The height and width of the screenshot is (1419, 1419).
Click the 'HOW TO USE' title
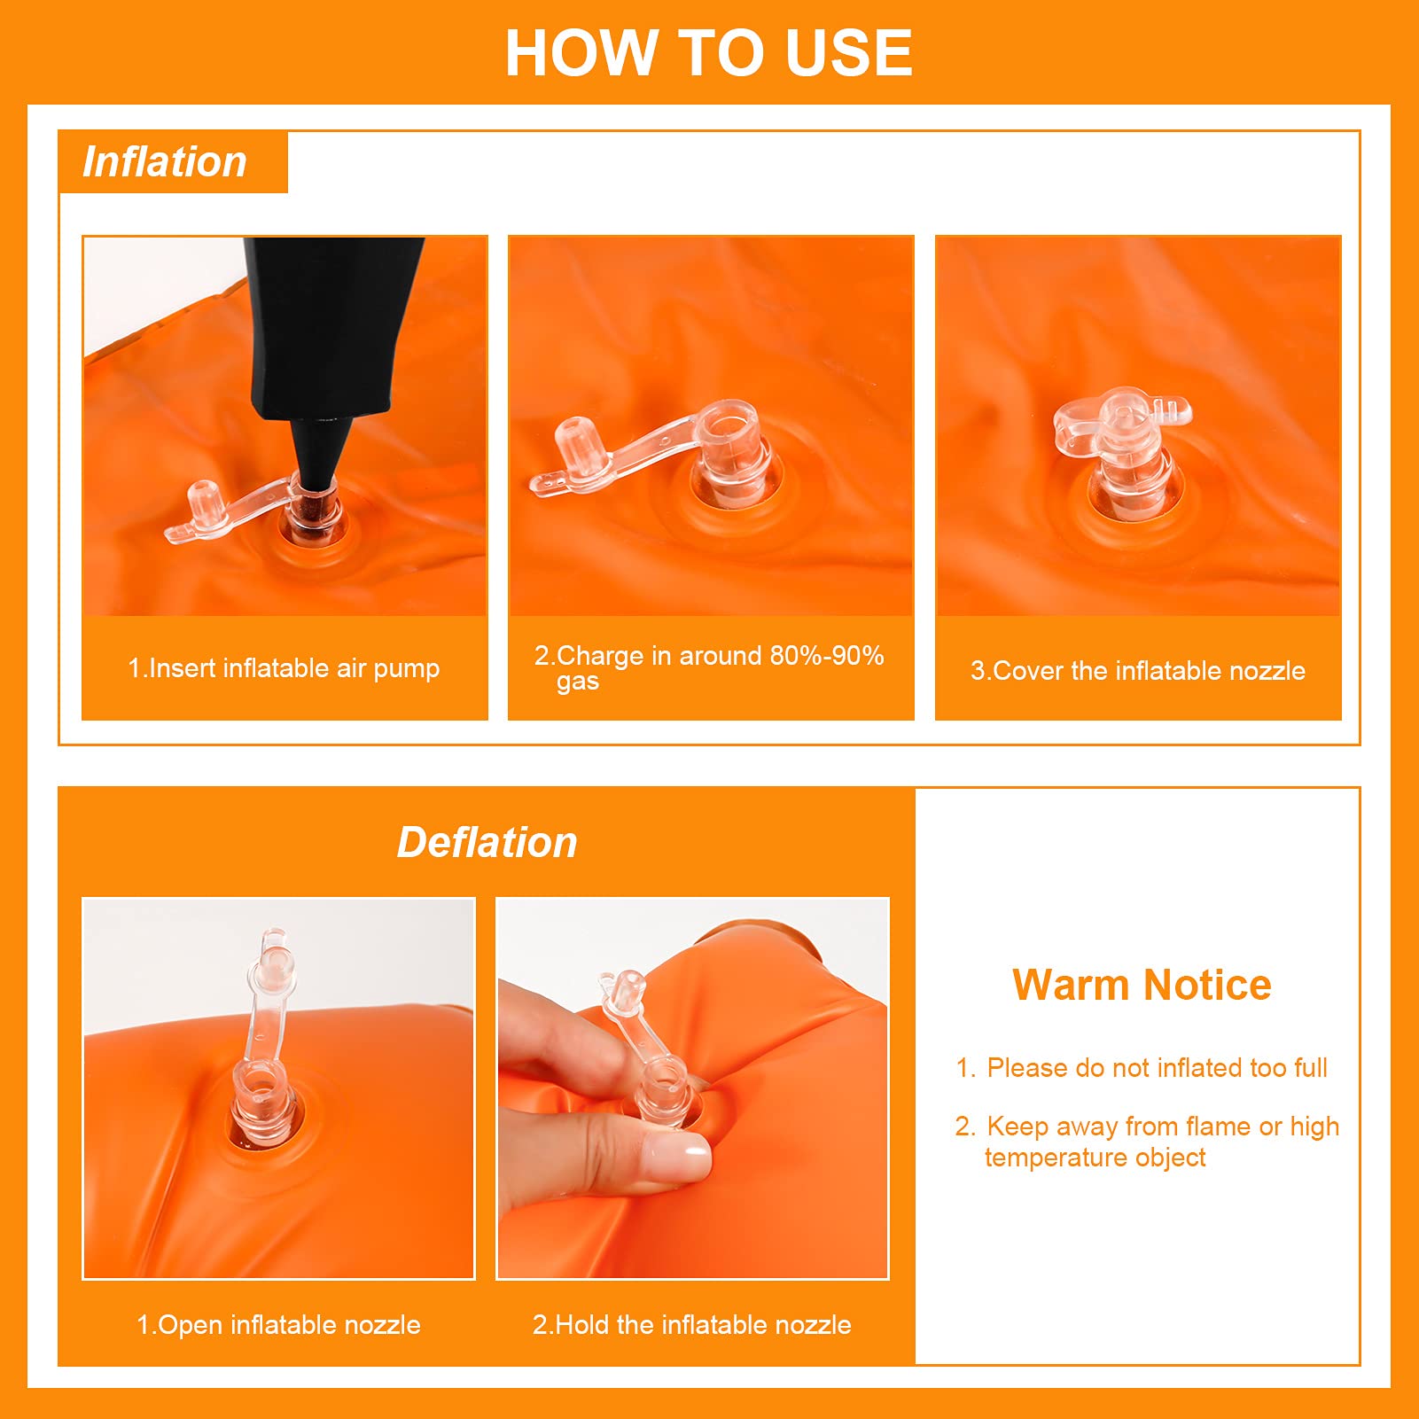(708, 52)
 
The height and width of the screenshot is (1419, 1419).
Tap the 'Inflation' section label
(165, 162)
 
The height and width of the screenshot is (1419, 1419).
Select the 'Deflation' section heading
(487, 842)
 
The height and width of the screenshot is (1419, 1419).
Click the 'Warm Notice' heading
(1142, 985)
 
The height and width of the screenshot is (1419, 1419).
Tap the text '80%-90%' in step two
(826, 656)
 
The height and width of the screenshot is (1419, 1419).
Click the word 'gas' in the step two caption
(578, 682)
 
